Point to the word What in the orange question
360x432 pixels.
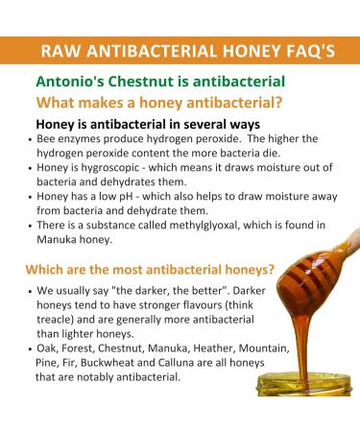pos(59,103)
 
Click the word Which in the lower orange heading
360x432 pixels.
pos(47,269)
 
